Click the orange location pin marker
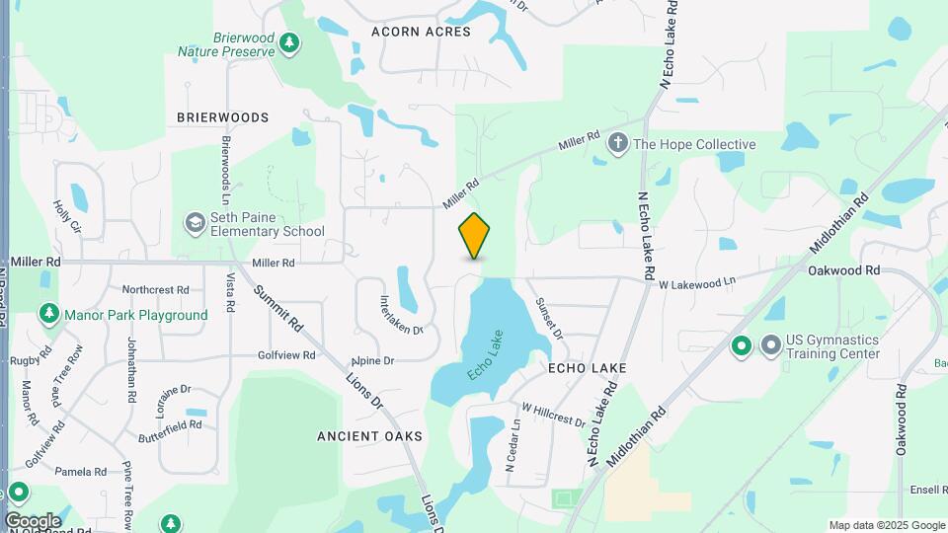pos(475,236)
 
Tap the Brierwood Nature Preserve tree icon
pos(288,41)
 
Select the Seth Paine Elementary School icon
pos(194,222)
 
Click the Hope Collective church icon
pos(618,144)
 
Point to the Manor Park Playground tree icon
pos(48,315)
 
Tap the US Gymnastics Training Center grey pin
pos(771,345)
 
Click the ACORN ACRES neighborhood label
pos(421,32)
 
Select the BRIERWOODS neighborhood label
pos(222,117)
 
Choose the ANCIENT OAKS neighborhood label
pos(369,435)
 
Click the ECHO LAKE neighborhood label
pos(588,367)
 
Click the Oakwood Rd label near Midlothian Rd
pos(843,269)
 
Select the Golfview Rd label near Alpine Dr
pos(285,354)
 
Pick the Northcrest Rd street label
pos(155,290)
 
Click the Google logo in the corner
pos(33,520)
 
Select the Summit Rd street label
pos(277,307)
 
